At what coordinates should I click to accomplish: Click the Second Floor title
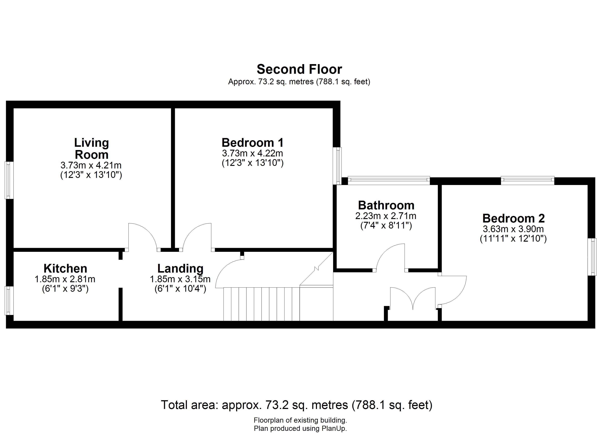(x=299, y=69)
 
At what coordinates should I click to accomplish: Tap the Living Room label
(x=91, y=149)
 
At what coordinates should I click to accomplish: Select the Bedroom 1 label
(x=253, y=143)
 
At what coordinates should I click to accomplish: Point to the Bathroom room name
(x=386, y=205)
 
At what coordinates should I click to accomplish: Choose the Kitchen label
(x=65, y=268)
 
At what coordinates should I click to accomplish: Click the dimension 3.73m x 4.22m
(x=253, y=153)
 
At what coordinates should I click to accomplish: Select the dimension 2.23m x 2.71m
(x=386, y=216)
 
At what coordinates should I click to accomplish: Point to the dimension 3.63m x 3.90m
(x=513, y=229)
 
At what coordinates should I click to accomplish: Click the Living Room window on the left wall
(x=9, y=180)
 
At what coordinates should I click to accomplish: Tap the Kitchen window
(x=9, y=300)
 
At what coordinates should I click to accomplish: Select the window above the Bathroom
(x=389, y=181)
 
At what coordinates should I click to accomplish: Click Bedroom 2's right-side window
(x=592, y=257)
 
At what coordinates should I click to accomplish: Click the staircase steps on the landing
(x=262, y=304)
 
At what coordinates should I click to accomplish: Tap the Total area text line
(x=297, y=405)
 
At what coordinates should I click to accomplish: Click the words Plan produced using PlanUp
(x=300, y=428)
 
